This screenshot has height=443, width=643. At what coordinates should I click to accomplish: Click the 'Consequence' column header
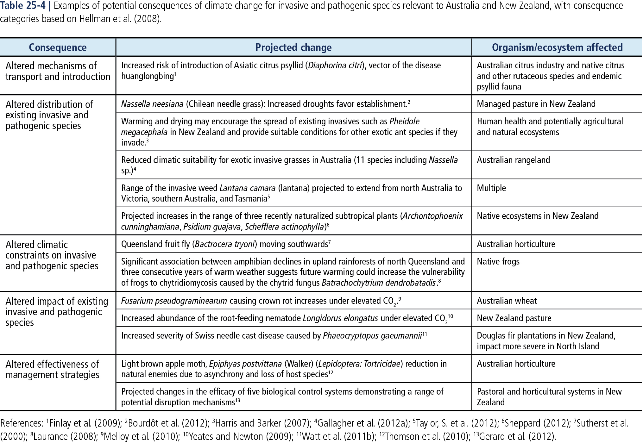[x=58, y=47]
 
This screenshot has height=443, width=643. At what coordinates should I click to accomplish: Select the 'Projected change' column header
[x=293, y=47]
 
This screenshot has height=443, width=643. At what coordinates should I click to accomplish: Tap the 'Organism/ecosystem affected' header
[x=557, y=47]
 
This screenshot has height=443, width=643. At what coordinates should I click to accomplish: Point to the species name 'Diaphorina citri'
[x=335, y=66]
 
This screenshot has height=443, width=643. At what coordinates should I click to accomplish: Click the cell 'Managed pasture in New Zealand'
[x=536, y=104]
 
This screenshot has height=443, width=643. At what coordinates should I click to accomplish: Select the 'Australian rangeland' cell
[x=513, y=160]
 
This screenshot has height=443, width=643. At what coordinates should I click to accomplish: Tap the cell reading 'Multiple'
[x=491, y=188]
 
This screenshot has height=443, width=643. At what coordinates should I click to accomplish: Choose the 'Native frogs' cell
[x=498, y=262]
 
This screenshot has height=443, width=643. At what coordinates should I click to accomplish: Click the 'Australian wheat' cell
[x=507, y=301]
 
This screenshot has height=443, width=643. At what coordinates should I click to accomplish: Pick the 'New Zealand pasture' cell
[x=514, y=318]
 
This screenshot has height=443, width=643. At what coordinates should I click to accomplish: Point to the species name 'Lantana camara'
[x=247, y=188]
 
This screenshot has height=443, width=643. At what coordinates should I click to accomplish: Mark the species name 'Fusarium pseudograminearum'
[x=174, y=301]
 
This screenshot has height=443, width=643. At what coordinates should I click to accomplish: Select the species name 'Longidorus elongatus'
[x=340, y=318]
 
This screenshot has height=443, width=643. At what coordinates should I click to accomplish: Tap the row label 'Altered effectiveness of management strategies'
[x=53, y=370]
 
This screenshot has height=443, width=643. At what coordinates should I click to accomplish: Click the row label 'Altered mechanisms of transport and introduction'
[x=58, y=71]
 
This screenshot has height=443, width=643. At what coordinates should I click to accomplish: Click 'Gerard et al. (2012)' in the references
[x=517, y=437]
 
